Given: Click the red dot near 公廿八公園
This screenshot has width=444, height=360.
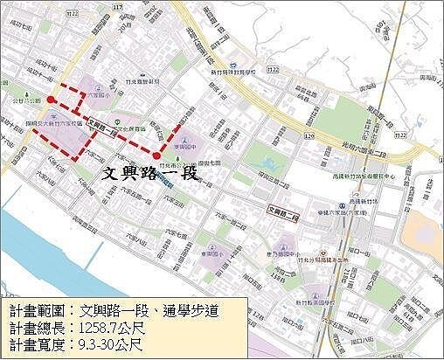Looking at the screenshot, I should pos(52,100).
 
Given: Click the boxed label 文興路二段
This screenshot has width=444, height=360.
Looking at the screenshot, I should pos(283,211).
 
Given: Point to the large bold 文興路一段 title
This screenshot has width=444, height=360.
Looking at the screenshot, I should pos(149,172).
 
